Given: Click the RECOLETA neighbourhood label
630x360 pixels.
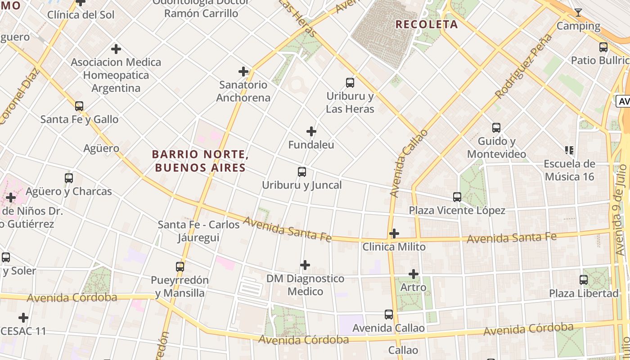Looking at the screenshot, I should coord(427,24).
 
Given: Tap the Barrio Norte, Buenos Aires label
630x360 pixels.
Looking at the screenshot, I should coord(200,161).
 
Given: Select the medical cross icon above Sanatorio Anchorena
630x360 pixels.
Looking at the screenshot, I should coord(243,72).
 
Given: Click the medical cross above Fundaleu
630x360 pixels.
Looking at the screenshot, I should coord(311,131).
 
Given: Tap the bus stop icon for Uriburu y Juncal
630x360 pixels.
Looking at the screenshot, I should coord(302,172).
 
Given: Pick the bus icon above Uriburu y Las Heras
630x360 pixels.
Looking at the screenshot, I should coord(350,83).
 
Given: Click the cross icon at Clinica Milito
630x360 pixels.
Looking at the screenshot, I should coord(394,234).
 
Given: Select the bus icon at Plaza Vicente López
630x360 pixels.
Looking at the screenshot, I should coord(457,197).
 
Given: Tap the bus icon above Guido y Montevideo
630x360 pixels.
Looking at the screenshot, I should coord(496,128).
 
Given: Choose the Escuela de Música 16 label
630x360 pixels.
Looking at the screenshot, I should coord(569,170).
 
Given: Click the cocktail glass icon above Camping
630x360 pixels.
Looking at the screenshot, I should coord(578,13).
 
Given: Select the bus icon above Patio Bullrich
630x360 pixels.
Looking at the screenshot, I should coord(603,47).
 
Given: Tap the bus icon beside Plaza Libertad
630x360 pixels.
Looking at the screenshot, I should coord(584,280).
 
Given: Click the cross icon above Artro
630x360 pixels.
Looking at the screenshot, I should coord(413,274).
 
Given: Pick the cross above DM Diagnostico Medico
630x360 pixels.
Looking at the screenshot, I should coord(305,265).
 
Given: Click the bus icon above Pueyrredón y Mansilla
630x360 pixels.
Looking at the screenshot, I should coord(180,267).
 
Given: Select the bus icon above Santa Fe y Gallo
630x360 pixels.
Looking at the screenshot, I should coord(79,106).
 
